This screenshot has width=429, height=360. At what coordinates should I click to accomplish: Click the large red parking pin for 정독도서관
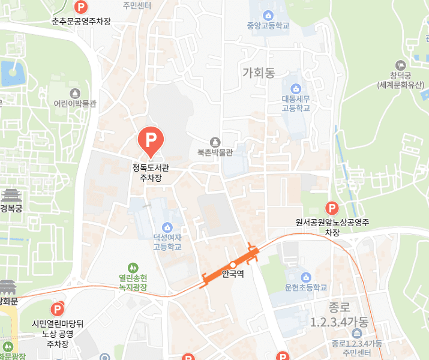point(148,140)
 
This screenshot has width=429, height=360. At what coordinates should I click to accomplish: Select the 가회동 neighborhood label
point(259,73)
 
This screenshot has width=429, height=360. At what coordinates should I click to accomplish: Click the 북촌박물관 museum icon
point(215,142)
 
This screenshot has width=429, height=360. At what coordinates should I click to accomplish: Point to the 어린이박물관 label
point(75,103)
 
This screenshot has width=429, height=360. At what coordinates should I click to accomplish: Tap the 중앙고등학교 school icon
point(268,14)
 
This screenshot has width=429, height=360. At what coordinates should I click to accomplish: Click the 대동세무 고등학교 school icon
point(296,89)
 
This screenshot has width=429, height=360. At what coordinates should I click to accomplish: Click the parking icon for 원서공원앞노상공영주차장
point(331,208)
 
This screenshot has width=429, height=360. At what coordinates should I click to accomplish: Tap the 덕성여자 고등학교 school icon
point(167,227)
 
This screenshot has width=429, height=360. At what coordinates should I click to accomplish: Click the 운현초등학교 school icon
point(306,277)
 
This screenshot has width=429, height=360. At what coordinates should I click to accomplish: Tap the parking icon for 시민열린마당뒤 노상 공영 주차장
point(58,310)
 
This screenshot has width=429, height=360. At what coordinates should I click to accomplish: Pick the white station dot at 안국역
point(233,265)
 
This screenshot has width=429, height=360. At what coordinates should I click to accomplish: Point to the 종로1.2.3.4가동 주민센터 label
point(356,347)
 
